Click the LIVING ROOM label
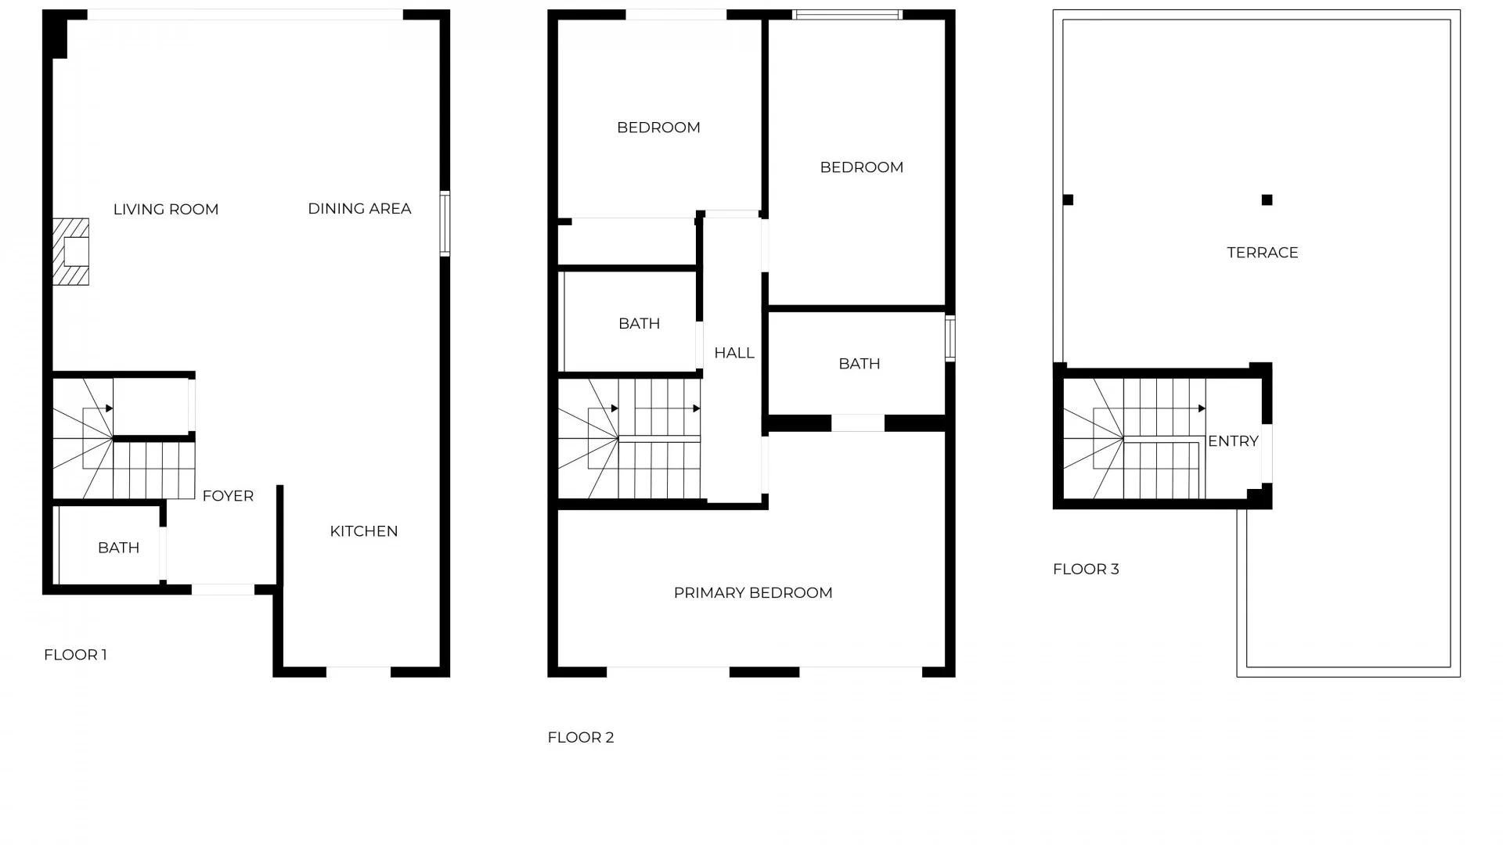pos(166,210)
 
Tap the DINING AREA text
pos(359,209)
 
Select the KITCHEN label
pos(364,531)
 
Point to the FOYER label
pos(228,496)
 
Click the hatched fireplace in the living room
pos(71,251)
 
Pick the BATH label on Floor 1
pos(119,548)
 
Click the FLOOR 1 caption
pos(75,655)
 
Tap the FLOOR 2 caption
pos(581,737)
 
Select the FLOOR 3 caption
pos(1086,569)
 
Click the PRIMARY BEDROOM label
pos(753,593)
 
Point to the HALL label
pos(734,353)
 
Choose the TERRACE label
pos(1262,253)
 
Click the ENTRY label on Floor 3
pos(1233,441)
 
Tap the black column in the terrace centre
pos(1267,200)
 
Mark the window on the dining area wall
pos(445,224)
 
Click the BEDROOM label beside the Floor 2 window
pos(861,167)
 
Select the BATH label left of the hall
pos(639,324)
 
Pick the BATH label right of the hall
pos(859,364)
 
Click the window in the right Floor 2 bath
pos(950,338)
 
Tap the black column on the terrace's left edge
pos(1068,200)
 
